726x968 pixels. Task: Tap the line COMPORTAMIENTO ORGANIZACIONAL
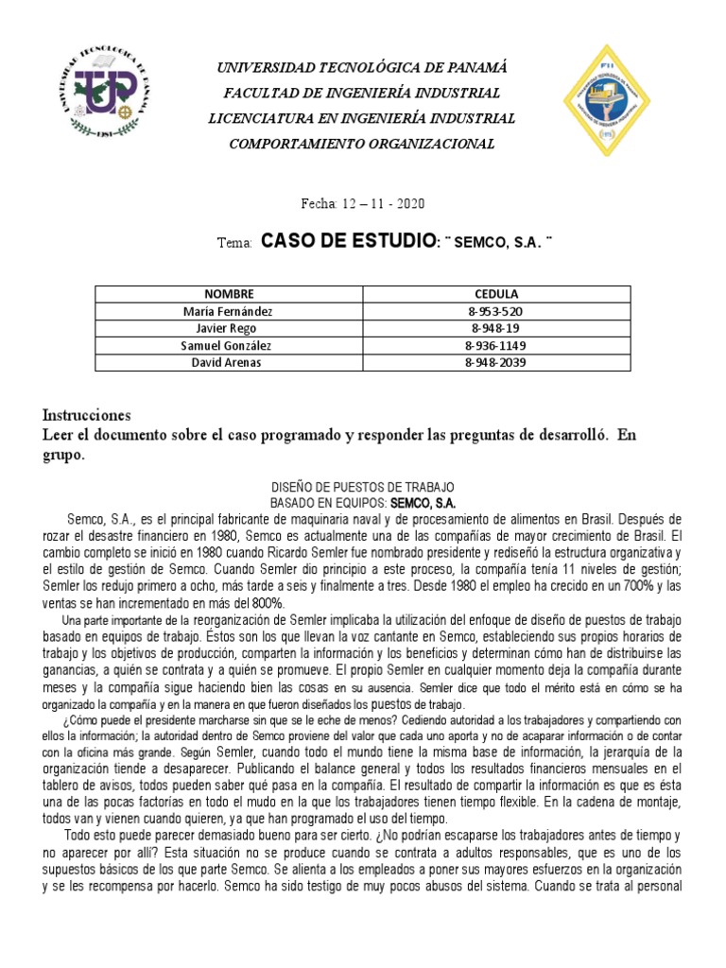[362, 143]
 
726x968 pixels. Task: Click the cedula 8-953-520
[495, 311]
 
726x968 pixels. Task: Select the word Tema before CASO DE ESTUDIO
[233, 244]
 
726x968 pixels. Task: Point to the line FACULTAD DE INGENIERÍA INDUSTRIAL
[362, 93]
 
